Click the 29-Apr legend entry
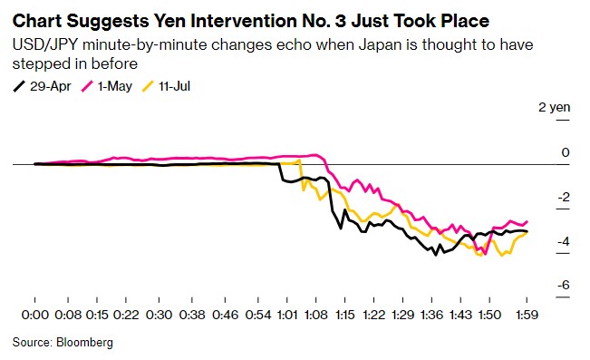pos(42,87)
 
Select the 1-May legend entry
pos(107,87)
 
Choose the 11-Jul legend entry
pos(166,87)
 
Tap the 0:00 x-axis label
pos(35,315)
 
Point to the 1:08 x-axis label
pos(316,315)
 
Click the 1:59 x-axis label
pos(527,315)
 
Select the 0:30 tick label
pos(159,315)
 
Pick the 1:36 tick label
pos(431,315)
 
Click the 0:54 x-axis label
pos(258,315)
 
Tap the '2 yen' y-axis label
pos(555,107)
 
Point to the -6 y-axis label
pos(564,285)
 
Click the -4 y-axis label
pos(564,241)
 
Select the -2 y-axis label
pos(564,197)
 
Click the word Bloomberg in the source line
pos(84,342)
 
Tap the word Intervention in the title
pos(243,21)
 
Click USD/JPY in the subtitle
pos(45,44)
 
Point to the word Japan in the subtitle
pos(380,44)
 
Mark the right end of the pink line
pos(527,221)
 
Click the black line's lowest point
pos(436,255)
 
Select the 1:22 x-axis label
pos(373,315)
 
